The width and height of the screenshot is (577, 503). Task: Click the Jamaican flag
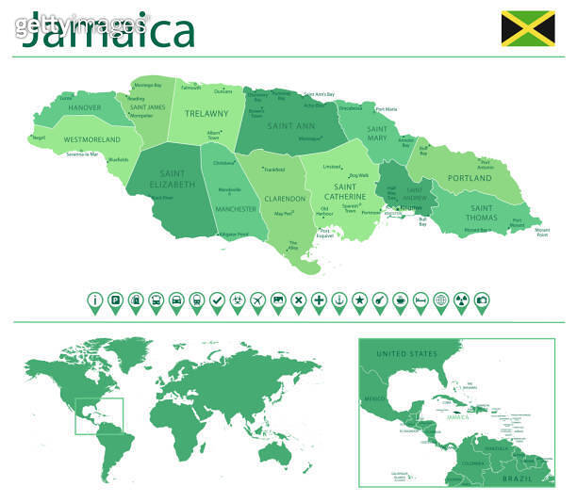tap(527, 28)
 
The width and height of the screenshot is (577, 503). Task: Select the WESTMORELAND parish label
tap(91, 139)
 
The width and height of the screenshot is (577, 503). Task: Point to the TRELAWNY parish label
tap(206, 113)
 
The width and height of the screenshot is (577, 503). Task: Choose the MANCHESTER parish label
tap(235, 208)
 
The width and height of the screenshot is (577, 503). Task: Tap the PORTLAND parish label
tap(469, 178)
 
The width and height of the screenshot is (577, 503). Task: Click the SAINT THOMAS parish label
tap(481, 213)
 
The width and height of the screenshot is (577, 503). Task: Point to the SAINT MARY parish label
tap(377, 134)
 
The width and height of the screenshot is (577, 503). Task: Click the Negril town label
tap(39, 138)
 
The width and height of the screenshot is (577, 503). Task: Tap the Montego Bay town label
tap(147, 86)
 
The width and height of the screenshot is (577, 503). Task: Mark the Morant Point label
tap(542, 232)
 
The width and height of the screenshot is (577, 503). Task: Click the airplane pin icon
tap(257, 301)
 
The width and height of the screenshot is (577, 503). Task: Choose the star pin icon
tap(359, 301)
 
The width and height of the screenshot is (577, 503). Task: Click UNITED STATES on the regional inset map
tap(407, 353)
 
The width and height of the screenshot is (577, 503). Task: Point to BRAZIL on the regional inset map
tap(518, 479)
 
